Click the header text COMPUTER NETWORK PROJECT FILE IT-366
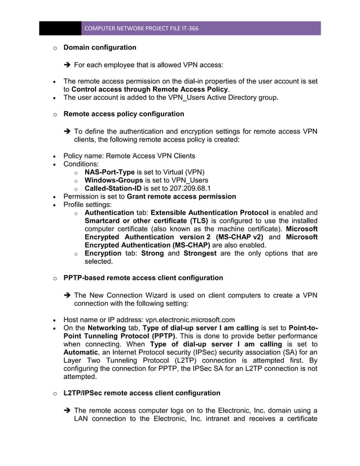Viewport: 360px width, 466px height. coord(141,28)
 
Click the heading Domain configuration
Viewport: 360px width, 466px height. coord(100,47)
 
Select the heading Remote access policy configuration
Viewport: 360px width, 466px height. coord(124,114)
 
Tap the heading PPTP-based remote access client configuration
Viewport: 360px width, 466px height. coord(143,278)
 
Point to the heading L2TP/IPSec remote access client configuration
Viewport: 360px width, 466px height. coord(142,393)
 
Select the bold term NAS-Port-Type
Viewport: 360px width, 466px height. coord(109,172)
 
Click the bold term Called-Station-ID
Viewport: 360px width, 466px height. coord(113,187)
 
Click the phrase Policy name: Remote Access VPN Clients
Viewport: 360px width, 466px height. coord(129,155)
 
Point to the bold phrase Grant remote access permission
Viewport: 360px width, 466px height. coord(181,196)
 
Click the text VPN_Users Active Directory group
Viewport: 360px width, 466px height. coord(215,98)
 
